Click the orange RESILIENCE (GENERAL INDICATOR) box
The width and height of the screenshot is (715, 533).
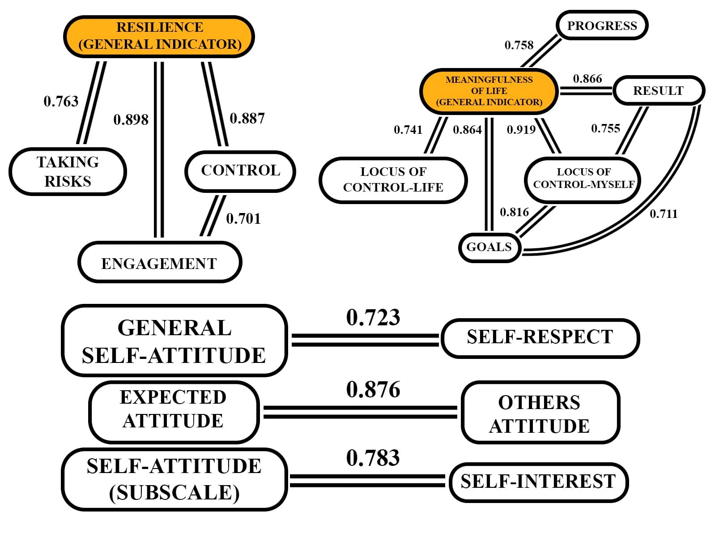(159, 36)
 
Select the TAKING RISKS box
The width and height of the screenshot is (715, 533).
(68, 171)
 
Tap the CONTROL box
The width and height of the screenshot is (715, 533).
(240, 171)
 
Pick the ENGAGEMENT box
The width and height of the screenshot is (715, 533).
(159, 263)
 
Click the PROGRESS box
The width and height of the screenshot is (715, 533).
(602, 26)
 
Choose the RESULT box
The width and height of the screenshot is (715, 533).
(658, 91)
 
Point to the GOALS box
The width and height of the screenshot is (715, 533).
(489, 247)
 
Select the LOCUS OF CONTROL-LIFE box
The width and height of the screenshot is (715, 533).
(393, 179)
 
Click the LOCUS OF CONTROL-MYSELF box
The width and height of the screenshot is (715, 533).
(583, 179)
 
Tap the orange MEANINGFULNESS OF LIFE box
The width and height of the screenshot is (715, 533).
(489, 91)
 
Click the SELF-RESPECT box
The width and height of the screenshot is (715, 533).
(540, 338)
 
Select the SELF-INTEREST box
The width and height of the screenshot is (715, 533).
(538, 482)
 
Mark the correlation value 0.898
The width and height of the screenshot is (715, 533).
(131, 120)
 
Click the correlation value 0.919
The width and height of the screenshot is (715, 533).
(521, 130)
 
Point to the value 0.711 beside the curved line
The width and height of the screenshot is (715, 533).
(664, 214)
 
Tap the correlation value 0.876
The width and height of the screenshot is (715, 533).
(373, 390)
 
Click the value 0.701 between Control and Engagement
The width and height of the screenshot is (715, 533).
(243, 219)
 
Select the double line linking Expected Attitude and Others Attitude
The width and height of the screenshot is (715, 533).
(360, 412)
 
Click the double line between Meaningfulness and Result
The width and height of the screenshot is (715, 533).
(586, 91)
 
